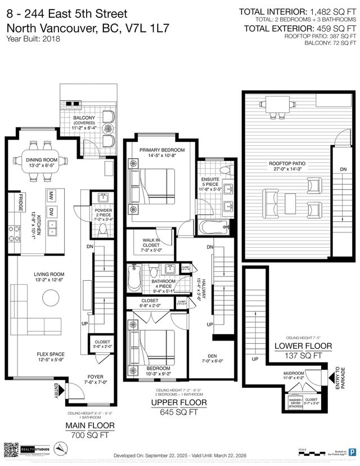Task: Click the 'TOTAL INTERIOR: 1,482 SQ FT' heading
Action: pos(298,11)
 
